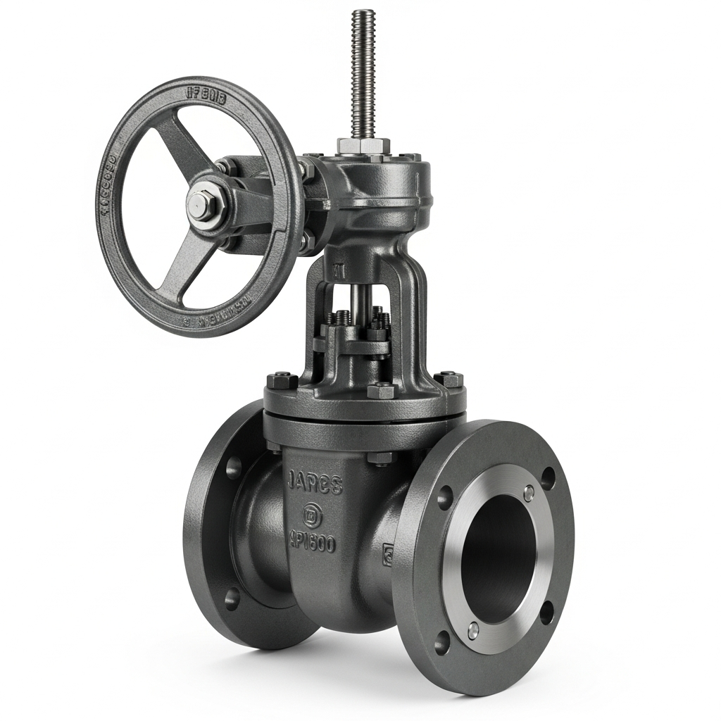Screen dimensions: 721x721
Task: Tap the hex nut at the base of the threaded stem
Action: (x=363, y=146)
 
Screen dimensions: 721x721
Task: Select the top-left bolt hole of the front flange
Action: (x=444, y=497)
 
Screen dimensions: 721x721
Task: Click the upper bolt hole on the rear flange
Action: (x=233, y=467)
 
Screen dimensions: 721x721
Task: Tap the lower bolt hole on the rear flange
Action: (x=231, y=598)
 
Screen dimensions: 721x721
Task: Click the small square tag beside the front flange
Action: (x=387, y=555)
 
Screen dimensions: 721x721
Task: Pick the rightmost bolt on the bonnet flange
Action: (x=449, y=378)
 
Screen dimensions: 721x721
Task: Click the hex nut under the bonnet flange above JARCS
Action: (x=380, y=458)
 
